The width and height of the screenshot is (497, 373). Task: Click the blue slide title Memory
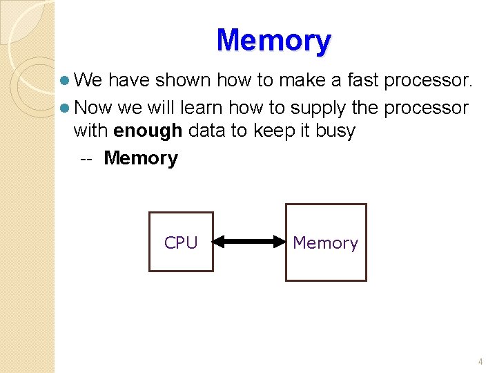click(274, 41)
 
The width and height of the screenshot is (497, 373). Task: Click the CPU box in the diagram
click(181, 242)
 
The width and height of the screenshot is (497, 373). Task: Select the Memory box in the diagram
click(326, 242)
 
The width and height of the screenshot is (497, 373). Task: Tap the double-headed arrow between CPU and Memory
click(249, 242)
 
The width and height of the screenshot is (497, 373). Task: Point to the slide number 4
click(480, 361)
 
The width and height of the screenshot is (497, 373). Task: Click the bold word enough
click(148, 131)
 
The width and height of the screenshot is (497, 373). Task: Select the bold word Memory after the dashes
click(141, 158)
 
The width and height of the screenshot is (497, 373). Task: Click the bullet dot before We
click(65, 81)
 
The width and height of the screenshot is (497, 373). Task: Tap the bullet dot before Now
click(65, 108)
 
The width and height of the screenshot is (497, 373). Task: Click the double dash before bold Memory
click(86, 158)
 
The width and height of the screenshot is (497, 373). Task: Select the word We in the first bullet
click(88, 81)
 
